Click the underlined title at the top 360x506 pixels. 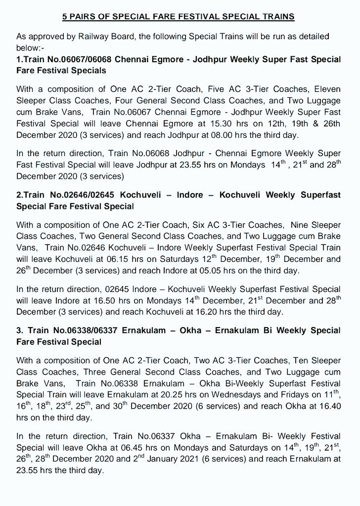pos(179,17)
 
